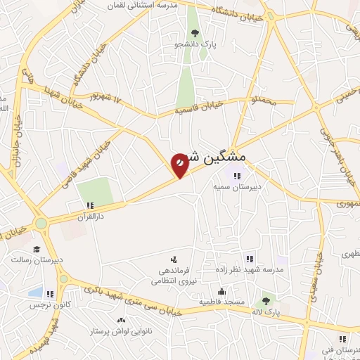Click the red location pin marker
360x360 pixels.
(180, 165)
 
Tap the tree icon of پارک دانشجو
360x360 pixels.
(195, 33)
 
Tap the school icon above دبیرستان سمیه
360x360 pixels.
(238, 176)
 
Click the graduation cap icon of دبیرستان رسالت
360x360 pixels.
(36, 248)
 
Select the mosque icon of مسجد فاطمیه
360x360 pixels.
(222, 292)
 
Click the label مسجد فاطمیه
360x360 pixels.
(221, 302)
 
